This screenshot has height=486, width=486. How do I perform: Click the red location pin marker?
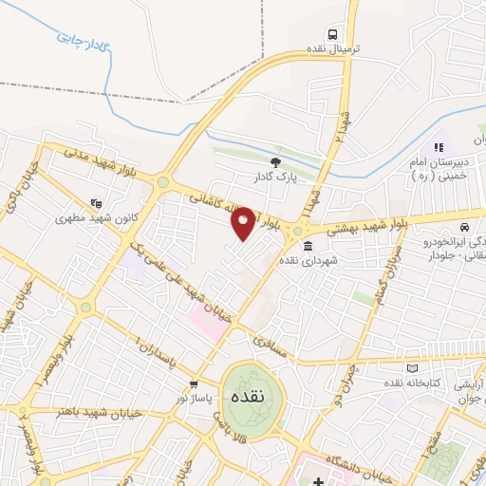[x=244, y=222]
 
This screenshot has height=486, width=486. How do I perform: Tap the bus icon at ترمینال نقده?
[x=331, y=31]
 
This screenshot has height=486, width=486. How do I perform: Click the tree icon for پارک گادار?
[x=275, y=162]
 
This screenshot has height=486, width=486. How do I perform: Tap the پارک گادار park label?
[x=275, y=178]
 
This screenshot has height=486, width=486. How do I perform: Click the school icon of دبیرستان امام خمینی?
[x=439, y=147]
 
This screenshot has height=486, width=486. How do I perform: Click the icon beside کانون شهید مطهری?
[x=95, y=202]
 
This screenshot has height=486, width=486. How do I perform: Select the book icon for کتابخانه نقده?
[x=411, y=367]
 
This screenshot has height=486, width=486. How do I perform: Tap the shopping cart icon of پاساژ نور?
[x=194, y=384]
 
